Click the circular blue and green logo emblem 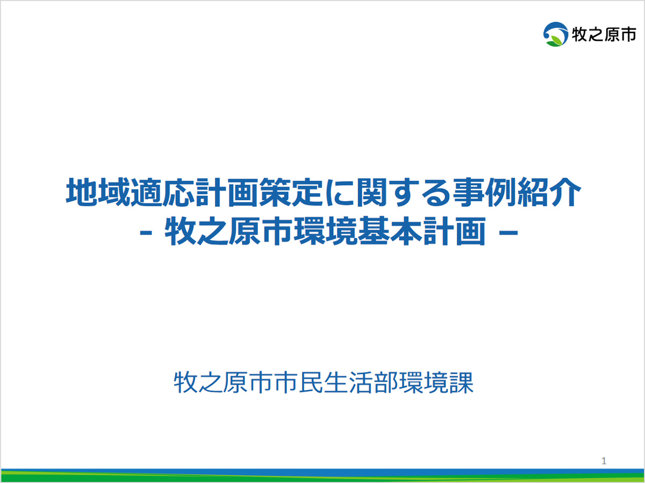[x=556, y=34]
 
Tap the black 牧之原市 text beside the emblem [x=604, y=34]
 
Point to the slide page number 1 [x=604, y=461]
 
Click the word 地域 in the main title [x=98, y=192]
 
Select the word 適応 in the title [x=162, y=192]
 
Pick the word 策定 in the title [x=291, y=192]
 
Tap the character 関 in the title [x=372, y=192]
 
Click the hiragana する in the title [x=420, y=193]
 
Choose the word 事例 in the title [x=485, y=192]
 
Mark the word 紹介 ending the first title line [x=549, y=192]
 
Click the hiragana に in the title [x=340, y=193]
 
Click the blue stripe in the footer [x=322, y=472]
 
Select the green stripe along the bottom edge [x=322, y=479]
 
